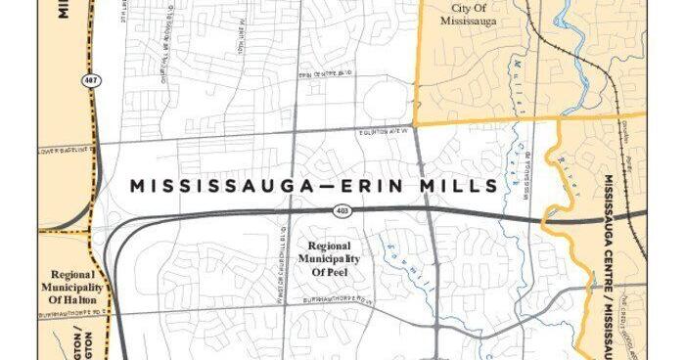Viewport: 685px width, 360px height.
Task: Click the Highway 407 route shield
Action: pyautogui.click(x=89, y=80)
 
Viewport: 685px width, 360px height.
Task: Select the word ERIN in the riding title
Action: pyautogui.click(x=342, y=185)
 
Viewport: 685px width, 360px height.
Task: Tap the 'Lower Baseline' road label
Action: pyautogui.click(x=68, y=150)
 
